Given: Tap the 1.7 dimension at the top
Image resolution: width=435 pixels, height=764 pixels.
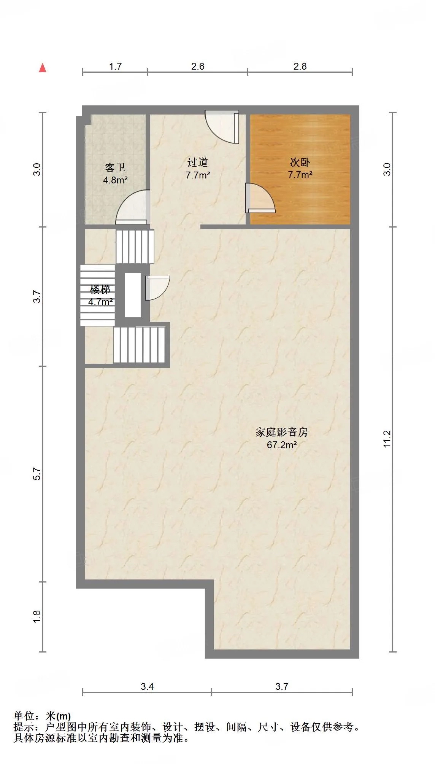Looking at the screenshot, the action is coord(115,66).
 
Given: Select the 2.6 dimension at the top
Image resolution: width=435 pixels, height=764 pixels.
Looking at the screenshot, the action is coord(198,66).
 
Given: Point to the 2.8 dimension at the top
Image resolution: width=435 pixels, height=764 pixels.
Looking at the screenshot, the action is coord(300,66).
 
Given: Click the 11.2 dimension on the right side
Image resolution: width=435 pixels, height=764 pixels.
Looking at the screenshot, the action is coord(387,439).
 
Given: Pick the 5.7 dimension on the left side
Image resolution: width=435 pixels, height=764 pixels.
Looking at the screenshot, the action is coord(37,474).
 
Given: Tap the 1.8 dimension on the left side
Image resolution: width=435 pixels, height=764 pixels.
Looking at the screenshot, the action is coord(37,616).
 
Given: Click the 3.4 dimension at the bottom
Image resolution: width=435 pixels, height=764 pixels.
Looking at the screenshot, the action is coord(147,686).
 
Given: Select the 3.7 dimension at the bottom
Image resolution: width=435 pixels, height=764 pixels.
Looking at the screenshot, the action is coord(282,686).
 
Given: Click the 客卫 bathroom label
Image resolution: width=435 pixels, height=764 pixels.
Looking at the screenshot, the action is coord(115,168).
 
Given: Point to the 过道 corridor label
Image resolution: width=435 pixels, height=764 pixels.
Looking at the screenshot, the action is coord(198,162).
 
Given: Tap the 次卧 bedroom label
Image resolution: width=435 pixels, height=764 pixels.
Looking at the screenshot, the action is coord(300,162).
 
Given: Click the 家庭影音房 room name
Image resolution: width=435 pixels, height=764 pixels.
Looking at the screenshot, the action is coord(282,432).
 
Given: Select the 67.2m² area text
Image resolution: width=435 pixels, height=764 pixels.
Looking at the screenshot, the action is coord(282,445).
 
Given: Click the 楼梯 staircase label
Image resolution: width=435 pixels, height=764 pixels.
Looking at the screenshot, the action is coord(100,290).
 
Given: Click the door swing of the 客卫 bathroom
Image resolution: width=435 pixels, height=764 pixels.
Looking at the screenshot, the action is coord(132,207).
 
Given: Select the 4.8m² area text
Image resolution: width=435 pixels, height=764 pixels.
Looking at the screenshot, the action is coord(115,180).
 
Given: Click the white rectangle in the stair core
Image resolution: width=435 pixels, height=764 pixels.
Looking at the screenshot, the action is coord(133,295).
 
